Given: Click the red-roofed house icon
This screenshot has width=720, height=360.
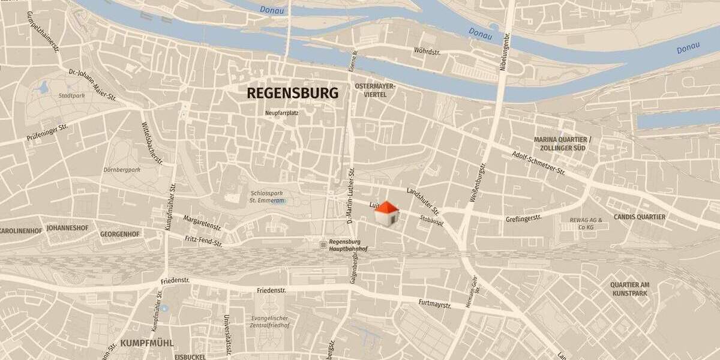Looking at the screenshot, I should [x=386, y=214].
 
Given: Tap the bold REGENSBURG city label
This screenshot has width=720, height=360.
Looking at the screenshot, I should [x=293, y=93].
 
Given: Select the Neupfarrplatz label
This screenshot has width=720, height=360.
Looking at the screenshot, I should [x=281, y=112].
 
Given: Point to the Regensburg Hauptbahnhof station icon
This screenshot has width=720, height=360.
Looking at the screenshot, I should [x=324, y=245].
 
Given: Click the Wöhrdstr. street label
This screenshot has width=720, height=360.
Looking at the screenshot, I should [x=427, y=52].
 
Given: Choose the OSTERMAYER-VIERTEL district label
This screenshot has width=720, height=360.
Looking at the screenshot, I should [x=375, y=91].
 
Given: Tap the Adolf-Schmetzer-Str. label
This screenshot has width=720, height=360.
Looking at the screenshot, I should [x=539, y=162].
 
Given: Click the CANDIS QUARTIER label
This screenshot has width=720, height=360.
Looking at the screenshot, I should [x=639, y=217].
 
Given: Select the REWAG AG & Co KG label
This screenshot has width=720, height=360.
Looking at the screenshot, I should [x=581, y=224].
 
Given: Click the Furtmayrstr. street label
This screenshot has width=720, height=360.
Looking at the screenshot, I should [x=435, y=304].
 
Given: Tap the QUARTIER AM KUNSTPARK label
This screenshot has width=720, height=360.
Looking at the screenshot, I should [x=629, y=289].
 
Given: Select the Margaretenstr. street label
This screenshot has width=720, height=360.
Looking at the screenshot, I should [x=202, y=223].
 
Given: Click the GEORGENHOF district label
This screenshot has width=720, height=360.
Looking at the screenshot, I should [x=120, y=234].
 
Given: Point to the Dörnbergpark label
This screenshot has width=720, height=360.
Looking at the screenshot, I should [x=121, y=170].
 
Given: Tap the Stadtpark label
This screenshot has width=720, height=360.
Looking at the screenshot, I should [x=71, y=95].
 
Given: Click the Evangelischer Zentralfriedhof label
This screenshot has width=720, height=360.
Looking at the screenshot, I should [x=269, y=322].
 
